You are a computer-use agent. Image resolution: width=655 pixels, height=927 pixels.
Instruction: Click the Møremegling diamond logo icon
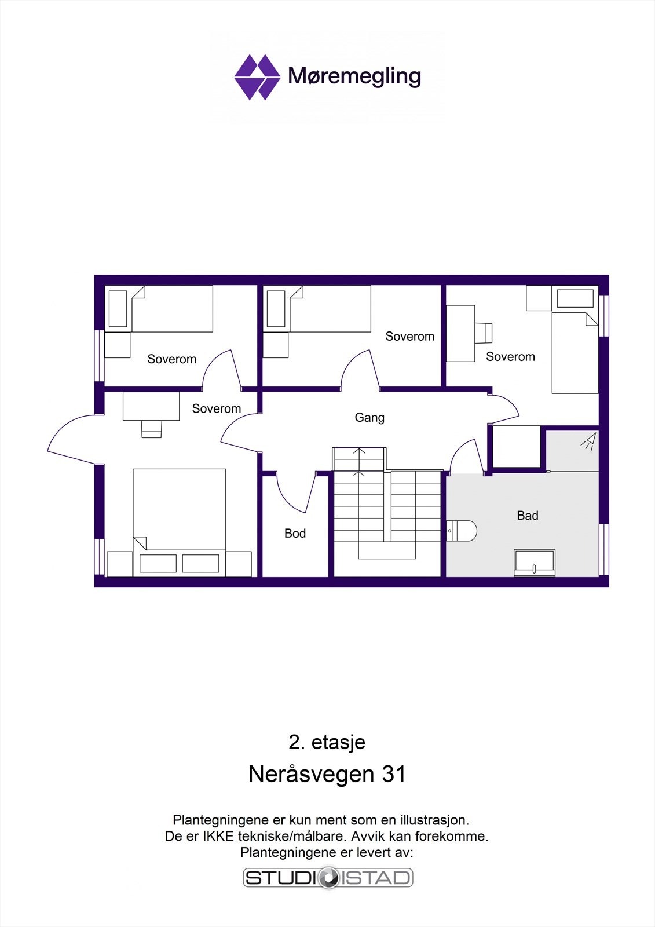pos(257,77)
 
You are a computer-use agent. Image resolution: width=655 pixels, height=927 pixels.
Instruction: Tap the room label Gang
pos(369,418)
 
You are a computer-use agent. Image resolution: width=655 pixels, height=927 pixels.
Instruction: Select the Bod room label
pos(295,534)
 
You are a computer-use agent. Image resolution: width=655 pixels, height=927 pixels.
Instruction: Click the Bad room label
pos(527,516)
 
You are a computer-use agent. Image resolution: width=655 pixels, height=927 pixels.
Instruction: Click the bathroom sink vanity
pos(535,563)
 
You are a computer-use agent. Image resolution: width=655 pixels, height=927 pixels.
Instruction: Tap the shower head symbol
pos(589,442)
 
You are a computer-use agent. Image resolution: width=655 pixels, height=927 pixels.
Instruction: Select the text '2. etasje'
pos(327,742)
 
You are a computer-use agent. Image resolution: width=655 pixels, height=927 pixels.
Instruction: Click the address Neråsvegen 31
pos(327,774)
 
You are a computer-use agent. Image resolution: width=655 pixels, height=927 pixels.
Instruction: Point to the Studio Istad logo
pos(328,878)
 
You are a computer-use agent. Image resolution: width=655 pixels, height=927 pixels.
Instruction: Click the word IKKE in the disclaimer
pos(218,837)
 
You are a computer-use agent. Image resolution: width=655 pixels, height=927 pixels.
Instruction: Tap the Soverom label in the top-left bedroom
pos(171,359)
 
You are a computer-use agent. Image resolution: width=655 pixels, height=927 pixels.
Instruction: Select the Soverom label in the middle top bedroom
pos(409,337)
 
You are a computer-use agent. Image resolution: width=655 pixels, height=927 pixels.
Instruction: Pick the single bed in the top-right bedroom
pos(575,353)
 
